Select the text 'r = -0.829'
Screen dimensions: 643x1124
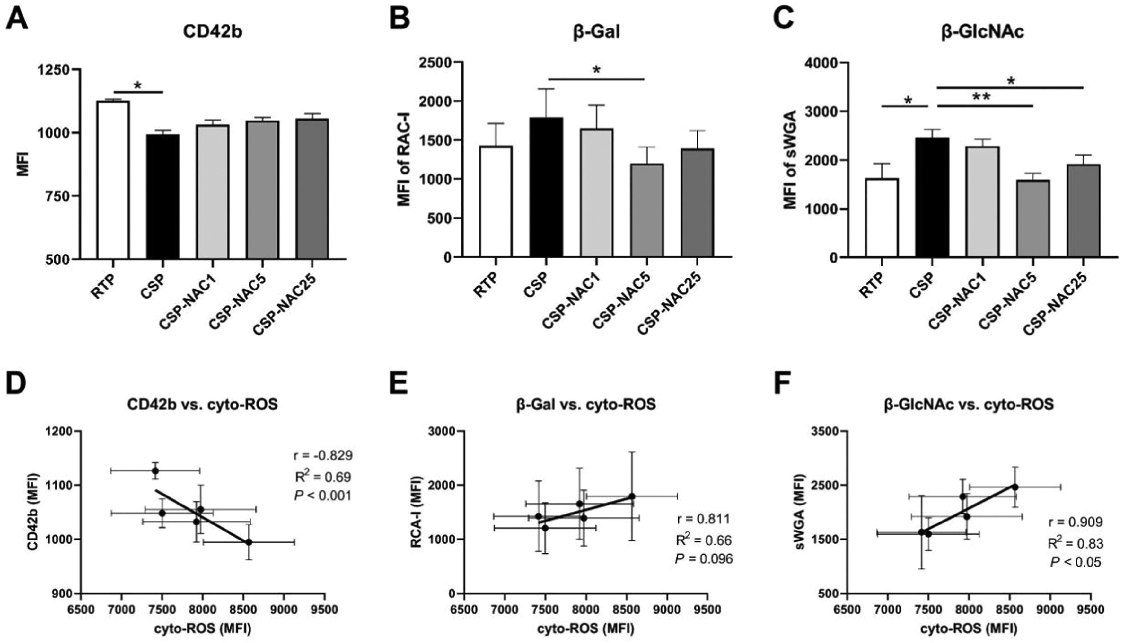(323, 455)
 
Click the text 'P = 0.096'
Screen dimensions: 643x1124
(703, 559)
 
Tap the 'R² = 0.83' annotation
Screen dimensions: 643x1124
(1076, 544)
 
